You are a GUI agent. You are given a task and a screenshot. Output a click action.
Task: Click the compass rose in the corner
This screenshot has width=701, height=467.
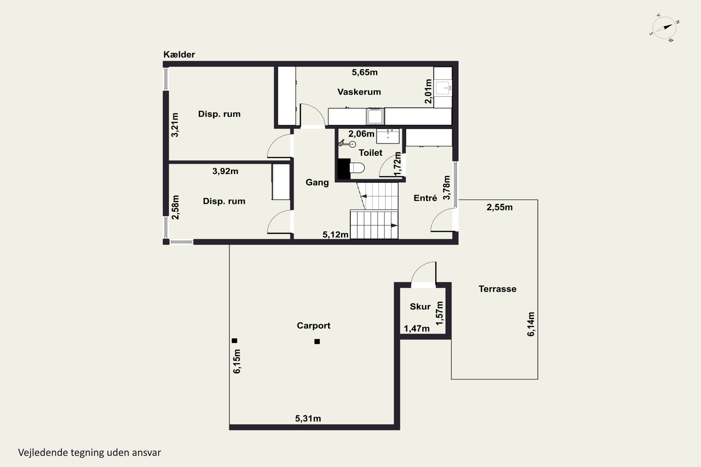pyautogui.click(x=664, y=28)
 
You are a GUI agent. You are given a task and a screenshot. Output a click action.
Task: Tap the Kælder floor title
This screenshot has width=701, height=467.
pyautogui.click(x=179, y=54)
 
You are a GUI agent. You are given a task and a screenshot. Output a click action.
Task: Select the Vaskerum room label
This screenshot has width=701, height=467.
pyautogui.click(x=359, y=92)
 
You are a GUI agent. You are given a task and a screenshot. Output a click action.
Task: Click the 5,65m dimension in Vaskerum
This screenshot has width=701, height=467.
pyautogui.click(x=365, y=72)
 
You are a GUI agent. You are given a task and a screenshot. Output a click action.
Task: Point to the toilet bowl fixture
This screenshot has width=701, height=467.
pyautogui.click(x=357, y=168)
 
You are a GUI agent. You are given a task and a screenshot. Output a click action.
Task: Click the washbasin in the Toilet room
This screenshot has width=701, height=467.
pyautogui.click(x=388, y=136)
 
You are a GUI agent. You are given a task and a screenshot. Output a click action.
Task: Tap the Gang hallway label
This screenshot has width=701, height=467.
pyautogui.click(x=317, y=182)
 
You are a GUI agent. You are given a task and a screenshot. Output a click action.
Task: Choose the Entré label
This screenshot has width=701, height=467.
pyautogui.click(x=425, y=198)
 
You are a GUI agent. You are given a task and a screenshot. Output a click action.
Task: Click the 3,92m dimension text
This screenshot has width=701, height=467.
pyautogui.click(x=225, y=171)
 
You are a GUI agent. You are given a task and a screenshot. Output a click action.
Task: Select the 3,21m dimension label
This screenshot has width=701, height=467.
pyautogui.click(x=175, y=125)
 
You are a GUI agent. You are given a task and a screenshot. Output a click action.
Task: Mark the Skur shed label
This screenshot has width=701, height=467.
pyautogui.click(x=420, y=306)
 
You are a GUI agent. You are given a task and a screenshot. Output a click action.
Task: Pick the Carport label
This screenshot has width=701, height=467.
pyautogui.click(x=314, y=325)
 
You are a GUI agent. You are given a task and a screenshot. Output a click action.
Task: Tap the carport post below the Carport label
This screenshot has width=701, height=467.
pyautogui.click(x=317, y=342)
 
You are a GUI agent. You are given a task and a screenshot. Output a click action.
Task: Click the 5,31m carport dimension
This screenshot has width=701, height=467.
pyautogui.click(x=308, y=418)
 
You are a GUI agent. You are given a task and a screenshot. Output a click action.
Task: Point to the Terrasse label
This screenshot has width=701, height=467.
pyautogui.click(x=497, y=289)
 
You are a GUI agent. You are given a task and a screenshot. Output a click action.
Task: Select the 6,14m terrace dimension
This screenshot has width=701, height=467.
pyautogui.click(x=531, y=324)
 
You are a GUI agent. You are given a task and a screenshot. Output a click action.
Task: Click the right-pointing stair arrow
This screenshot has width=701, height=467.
pyautogui.click(x=394, y=226)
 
